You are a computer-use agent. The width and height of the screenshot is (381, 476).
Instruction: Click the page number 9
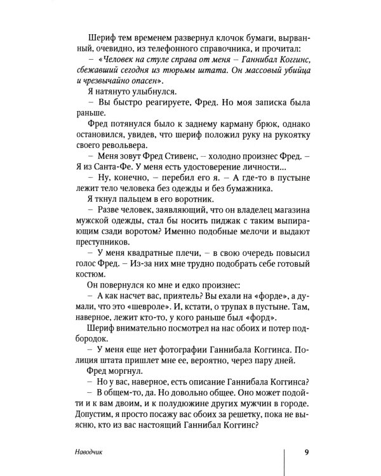coord(306,452)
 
